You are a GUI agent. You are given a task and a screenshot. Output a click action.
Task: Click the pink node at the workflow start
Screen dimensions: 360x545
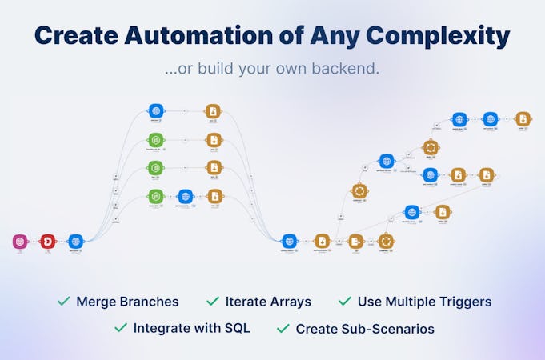click(21, 240)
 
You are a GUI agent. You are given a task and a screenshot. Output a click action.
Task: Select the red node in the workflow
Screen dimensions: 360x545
click(47, 240)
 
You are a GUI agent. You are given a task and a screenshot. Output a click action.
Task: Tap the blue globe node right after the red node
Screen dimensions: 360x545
click(75, 240)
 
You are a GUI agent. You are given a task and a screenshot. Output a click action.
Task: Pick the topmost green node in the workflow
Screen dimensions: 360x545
click(156, 139)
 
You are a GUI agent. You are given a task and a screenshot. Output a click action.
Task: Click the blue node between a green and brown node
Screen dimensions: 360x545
click(186, 196)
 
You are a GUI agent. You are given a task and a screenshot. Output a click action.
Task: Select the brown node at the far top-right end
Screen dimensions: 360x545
click(523, 118)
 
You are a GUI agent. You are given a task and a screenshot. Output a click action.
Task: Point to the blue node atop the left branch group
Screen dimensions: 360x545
click(156, 111)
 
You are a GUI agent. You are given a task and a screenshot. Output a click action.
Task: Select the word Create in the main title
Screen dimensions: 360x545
click(74, 36)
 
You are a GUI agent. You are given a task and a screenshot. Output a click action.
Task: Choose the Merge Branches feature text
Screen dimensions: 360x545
click(127, 302)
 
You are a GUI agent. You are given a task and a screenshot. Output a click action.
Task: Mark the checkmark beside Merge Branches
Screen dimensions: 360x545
click(63, 302)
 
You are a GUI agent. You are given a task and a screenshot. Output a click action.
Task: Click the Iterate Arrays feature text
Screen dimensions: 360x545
click(268, 302)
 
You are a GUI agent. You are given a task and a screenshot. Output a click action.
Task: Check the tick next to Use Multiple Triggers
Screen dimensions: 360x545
click(345, 302)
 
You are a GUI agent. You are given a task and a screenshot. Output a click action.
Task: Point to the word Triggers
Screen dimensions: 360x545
click(463, 302)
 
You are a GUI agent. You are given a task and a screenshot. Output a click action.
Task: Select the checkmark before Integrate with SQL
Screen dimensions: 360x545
click(121, 328)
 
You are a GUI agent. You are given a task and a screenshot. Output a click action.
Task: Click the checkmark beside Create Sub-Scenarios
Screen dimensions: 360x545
click(283, 328)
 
